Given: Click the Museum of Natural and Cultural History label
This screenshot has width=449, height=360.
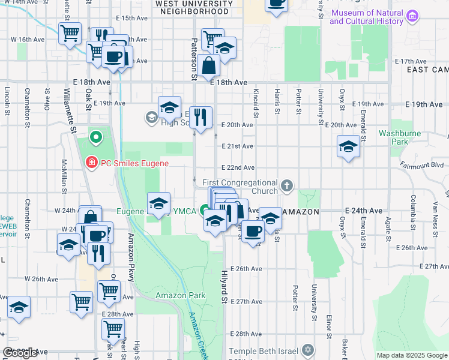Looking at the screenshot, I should click(x=366, y=17).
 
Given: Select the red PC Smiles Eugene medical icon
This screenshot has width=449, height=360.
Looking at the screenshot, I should click(x=91, y=163).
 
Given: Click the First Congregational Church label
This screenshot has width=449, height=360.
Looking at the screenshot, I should click(x=240, y=186).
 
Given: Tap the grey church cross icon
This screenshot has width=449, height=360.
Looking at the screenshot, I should click(x=288, y=186).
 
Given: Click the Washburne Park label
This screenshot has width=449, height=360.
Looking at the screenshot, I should click(x=394, y=137).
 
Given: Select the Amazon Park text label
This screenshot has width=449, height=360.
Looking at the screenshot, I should click(x=180, y=295).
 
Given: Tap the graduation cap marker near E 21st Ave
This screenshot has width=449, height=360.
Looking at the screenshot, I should click(x=348, y=147).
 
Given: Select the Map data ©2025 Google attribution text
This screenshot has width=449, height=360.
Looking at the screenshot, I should click(x=411, y=355).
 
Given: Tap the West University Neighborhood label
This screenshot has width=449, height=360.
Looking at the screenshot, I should click(x=193, y=7).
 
